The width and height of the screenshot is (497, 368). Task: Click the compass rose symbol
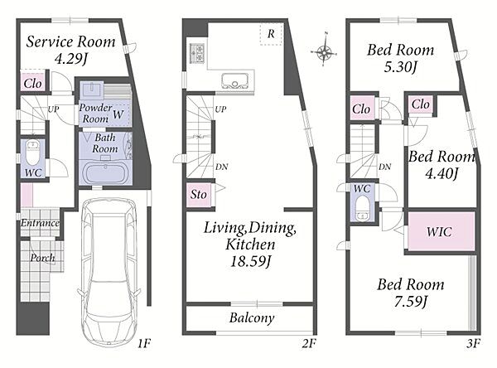(324, 50)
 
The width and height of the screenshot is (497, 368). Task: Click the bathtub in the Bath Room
(104, 172)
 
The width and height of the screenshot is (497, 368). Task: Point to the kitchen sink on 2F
(235, 80)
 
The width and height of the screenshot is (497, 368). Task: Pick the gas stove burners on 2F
(196, 52)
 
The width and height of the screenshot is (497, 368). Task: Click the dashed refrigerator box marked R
(271, 34)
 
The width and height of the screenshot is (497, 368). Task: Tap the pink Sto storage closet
(199, 195)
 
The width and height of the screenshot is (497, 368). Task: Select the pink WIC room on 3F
(441, 231)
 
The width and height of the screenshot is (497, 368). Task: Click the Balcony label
(252, 318)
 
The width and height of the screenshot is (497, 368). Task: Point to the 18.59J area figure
(250, 262)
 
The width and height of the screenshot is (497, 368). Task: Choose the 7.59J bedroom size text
(411, 301)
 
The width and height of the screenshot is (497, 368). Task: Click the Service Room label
(70, 42)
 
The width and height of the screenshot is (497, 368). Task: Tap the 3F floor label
(473, 343)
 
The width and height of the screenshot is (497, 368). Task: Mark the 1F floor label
(144, 343)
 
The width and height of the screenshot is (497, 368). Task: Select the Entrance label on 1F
(40, 223)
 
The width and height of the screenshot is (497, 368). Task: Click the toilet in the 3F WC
(362, 208)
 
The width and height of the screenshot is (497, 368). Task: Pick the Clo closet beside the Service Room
(32, 84)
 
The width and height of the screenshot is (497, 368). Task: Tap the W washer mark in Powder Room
(118, 114)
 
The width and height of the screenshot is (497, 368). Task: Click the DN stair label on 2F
(221, 167)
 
